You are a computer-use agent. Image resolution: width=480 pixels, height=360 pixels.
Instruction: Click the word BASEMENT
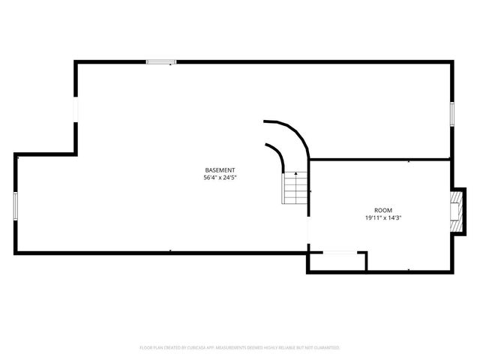[x=220, y=170]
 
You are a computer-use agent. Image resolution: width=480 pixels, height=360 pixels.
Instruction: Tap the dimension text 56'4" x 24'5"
[x=220, y=178]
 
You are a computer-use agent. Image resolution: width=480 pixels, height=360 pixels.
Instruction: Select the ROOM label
[x=383, y=210]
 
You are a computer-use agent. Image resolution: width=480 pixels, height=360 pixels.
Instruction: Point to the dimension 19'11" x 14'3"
[x=383, y=217]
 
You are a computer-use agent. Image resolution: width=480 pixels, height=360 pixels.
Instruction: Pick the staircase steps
[x=295, y=190]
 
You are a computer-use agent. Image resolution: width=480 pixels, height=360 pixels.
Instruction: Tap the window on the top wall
[x=161, y=62]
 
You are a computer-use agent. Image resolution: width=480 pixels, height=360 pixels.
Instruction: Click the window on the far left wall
[x=16, y=205]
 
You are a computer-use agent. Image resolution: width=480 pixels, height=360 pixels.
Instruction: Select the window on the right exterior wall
[x=452, y=113]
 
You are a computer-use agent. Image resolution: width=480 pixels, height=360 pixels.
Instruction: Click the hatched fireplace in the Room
[x=456, y=211]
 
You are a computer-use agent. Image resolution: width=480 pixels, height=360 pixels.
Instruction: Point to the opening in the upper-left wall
[x=75, y=109]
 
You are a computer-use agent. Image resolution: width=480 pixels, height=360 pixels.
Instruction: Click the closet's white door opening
[x=338, y=253]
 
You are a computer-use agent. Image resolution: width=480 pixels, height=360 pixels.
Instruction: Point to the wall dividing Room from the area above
[x=379, y=159]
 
